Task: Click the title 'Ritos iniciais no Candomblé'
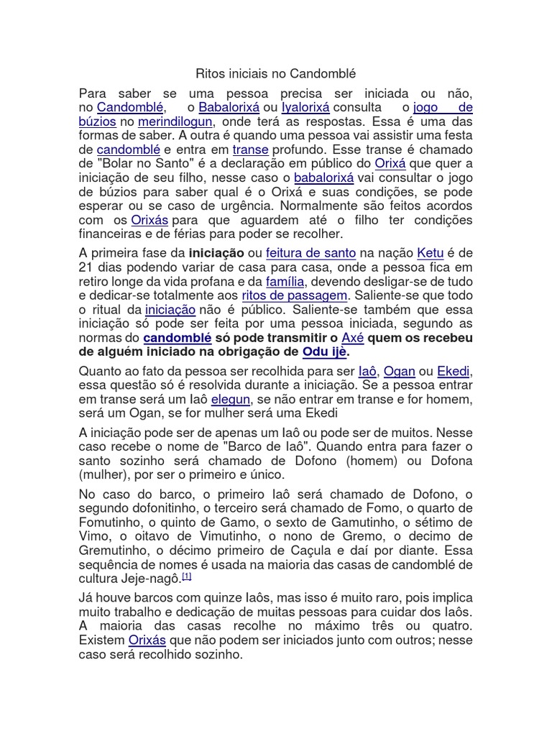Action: tap(276, 74)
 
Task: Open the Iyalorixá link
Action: tap(305, 108)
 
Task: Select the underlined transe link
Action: tap(250, 149)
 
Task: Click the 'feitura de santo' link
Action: tap(310, 253)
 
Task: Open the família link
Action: tap(285, 281)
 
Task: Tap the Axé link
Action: tap(352, 338)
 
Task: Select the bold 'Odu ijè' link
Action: tap(325, 351)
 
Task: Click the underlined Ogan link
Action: tap(399, 371)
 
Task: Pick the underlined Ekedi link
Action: tap(454, 371)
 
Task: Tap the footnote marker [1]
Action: tap(186, 576)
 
